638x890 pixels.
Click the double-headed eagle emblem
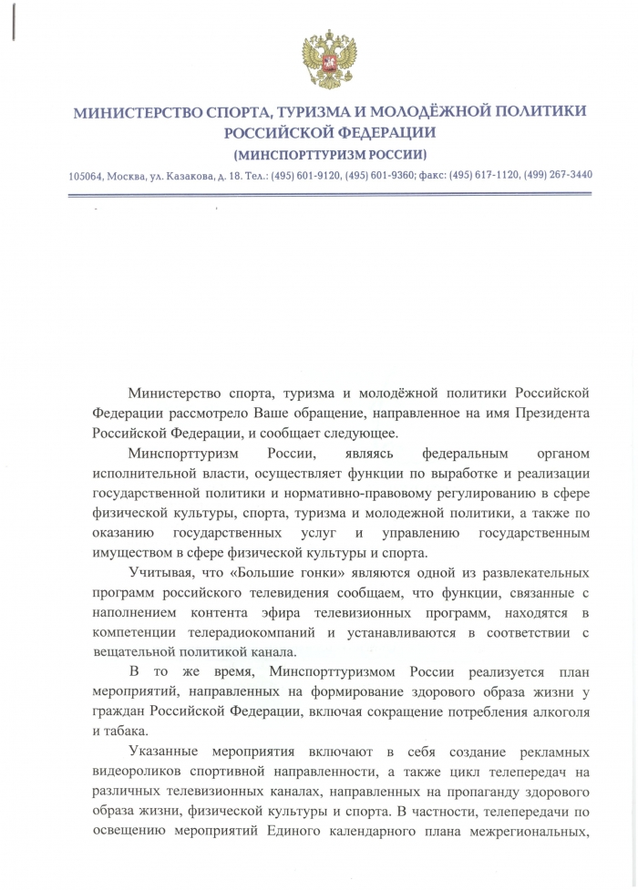[x=329, y=59]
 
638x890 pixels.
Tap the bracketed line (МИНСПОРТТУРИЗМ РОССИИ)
[x=330, y=153]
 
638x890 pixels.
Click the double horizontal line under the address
[x=330, y=194]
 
